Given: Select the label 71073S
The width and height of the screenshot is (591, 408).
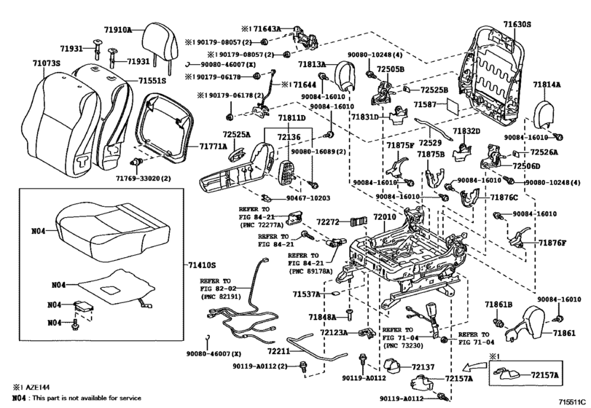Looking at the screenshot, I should point(47,64).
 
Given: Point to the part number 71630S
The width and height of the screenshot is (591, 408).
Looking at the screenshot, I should point(517,25).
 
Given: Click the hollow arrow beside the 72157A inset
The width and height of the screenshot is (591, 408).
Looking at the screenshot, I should point(469,367).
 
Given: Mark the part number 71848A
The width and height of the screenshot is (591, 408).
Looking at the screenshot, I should point(321,317).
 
